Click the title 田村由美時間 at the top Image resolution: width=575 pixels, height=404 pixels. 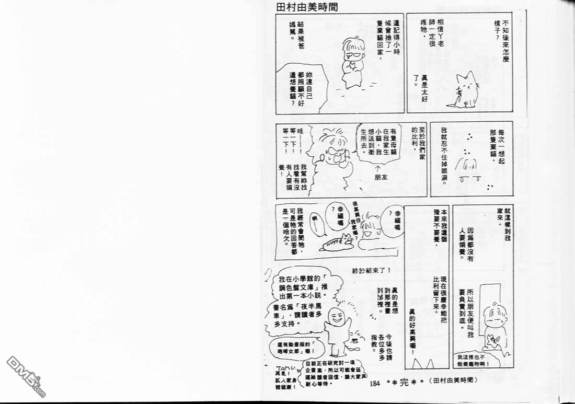[307, 7]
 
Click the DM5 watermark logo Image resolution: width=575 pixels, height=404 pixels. [25, 375]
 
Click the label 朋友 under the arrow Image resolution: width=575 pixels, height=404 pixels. [384, 177]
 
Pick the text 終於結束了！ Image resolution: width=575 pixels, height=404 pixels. [371, 270]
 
